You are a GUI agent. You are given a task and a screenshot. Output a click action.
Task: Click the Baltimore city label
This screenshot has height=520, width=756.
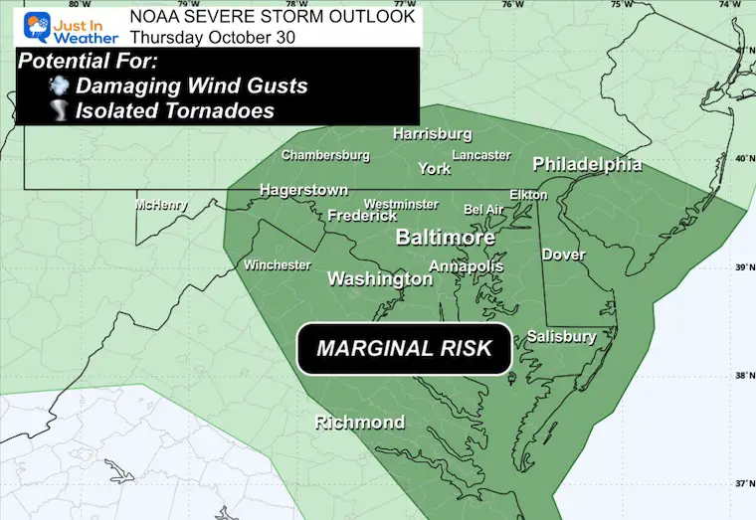(446, 239)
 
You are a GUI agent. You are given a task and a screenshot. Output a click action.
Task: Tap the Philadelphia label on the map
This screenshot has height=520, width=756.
(587, 164)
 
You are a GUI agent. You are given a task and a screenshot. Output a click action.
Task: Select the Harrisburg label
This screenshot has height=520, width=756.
(432, 133)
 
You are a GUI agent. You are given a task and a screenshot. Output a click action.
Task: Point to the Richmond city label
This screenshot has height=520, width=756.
(360, 423)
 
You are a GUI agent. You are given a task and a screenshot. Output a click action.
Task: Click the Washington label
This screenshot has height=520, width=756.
(380, 279)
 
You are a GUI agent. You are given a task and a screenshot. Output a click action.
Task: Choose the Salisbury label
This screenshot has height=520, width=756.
(561, 336)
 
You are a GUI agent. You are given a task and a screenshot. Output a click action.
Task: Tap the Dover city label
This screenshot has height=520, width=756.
(563, 255)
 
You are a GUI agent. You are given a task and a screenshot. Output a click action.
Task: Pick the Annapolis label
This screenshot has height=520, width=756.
(466, 266)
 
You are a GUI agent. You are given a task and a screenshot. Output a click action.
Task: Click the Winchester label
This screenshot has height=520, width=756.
(278, 265)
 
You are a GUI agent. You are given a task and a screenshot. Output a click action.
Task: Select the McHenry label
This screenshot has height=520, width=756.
(162, 206)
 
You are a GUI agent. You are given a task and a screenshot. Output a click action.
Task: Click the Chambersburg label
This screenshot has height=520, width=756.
(325, 155)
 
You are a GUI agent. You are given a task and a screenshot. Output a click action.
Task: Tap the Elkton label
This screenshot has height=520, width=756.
(528, 195)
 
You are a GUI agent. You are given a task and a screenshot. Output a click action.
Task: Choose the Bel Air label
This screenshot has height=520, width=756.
(483, 210)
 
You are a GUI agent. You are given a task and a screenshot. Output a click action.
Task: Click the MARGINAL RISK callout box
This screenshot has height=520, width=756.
(404, 349)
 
